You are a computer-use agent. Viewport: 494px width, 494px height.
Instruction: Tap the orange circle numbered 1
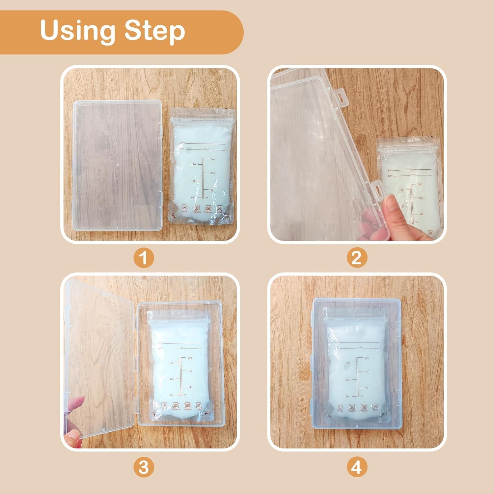[x=144, y=258]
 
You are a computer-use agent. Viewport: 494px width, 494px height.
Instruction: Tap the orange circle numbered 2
[x=356, y=258]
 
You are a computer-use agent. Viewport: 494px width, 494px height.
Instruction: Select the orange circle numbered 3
[x=144, y=467]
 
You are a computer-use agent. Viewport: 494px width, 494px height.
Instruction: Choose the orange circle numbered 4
[x=356, y=467]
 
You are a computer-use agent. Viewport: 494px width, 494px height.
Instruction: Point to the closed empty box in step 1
[x=117, y=165]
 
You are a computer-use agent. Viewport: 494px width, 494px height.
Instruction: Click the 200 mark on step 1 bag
[x=213, y=159]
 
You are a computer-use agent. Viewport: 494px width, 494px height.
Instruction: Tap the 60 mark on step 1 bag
[x=192, y=198]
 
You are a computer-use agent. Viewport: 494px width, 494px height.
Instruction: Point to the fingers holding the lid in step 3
[x=74, y=422]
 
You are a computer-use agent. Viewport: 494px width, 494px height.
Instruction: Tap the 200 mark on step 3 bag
[x=190, y=358]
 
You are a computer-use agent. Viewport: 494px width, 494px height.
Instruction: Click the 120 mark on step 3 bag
[x=171, y=379]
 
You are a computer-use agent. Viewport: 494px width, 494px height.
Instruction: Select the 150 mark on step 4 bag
[x=367, y=371]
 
